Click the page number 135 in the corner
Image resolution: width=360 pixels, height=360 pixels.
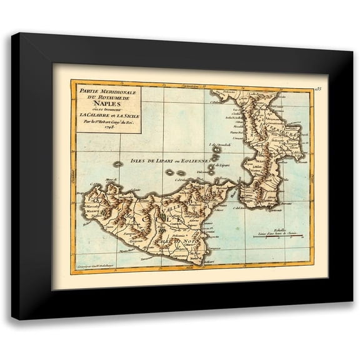[317, 89]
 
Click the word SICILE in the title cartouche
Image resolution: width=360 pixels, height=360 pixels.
[122, 115]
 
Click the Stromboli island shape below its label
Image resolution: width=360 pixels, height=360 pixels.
[216, 150]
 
